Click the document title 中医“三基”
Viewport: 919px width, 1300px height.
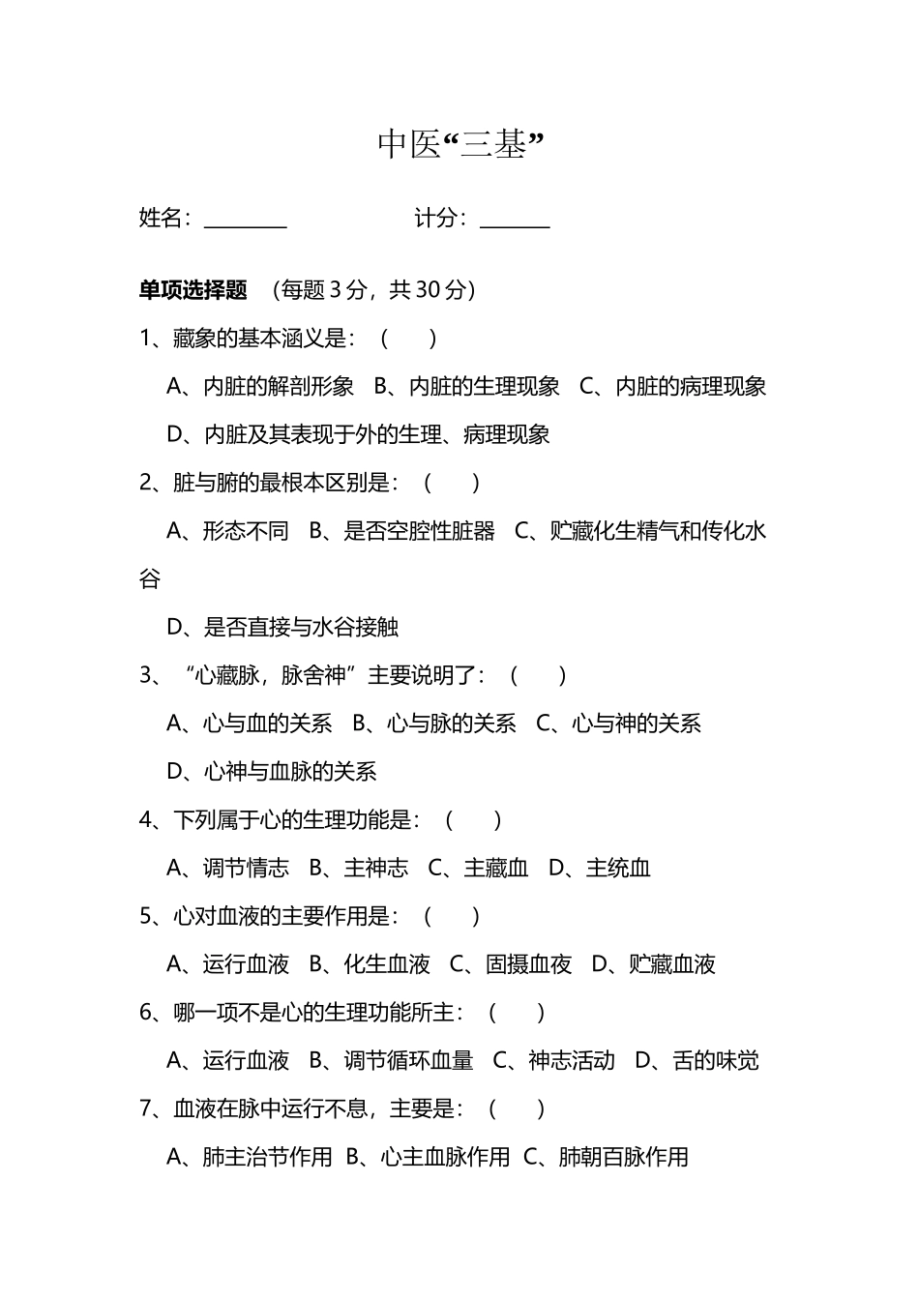click(x=460, y=144)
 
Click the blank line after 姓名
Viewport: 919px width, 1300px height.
click(x=246, y=221)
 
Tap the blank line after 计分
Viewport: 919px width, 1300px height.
click(x=515, y=221)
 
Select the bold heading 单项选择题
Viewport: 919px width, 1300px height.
click(x=193, y=289)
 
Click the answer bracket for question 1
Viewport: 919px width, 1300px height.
click(x=407, y=338)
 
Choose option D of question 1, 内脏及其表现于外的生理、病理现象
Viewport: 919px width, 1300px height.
click(x=359, y=434)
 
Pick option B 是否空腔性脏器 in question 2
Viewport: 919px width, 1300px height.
click(x=401, y=530)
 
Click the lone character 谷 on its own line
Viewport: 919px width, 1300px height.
click(x=150, y=578)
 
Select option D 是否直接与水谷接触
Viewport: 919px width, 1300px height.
click(x=283, y=627)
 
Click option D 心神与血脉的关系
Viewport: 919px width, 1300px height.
click(x=272, y=771)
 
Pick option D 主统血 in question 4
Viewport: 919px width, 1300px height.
click(x=600, y=868)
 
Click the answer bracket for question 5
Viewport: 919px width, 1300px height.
click(x=451, y=916)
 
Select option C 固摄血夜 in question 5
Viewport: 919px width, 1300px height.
click(x=512, y=963)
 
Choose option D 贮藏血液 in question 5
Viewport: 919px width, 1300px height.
click(x=654, y=963)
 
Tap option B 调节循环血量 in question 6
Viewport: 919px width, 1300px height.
click(x=392, y=1060)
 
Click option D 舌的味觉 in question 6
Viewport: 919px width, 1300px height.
click(x=697, y=1060)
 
